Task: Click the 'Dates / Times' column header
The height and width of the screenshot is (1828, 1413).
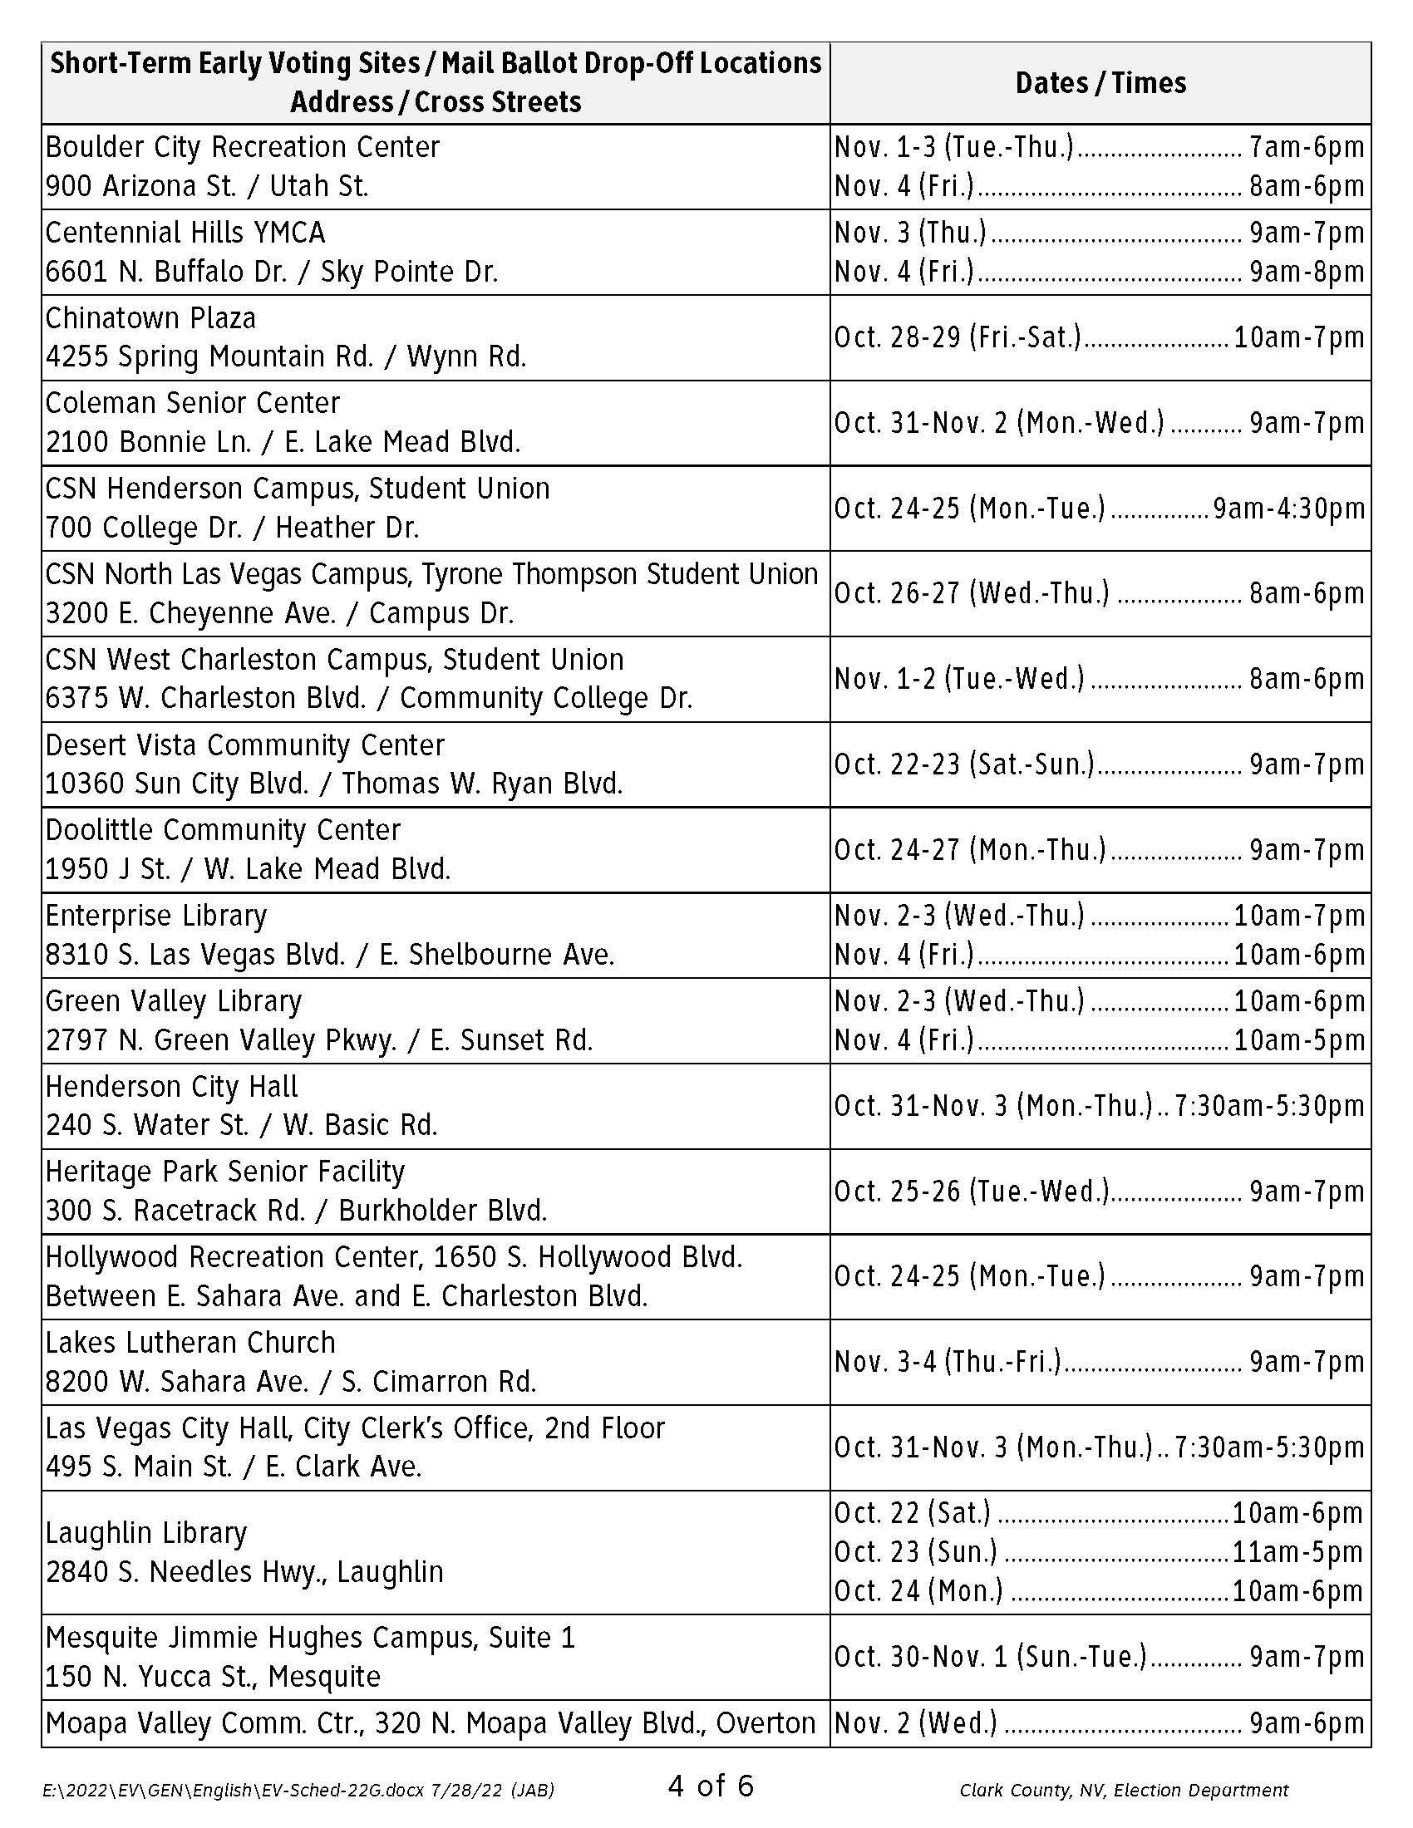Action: (1100, 83)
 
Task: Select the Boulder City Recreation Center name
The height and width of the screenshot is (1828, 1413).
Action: (242, 147)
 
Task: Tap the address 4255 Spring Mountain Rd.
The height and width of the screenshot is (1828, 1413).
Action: (209, 356)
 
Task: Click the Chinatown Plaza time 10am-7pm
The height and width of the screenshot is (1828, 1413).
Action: (1298, 337)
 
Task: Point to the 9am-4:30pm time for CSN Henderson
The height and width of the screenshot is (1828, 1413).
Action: (1288, 508)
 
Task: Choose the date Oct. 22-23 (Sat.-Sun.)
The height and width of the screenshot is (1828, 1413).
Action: (964, 764)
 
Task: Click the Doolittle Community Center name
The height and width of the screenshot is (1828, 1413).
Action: (223, 830)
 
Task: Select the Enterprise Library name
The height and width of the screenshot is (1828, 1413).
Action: (155, 916)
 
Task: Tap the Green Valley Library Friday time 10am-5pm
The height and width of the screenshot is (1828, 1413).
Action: (1298, 1039)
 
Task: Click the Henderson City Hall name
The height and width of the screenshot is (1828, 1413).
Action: (171, 1087)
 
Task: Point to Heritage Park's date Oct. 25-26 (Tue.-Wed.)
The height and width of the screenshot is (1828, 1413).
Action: (972, 1191)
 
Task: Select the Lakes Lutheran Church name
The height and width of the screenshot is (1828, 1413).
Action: (190, 1343)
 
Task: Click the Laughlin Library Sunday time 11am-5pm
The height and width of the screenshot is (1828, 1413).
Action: (1298, 1552)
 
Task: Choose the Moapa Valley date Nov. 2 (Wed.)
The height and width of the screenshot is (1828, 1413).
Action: (916, 1723)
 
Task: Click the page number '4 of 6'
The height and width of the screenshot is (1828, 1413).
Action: (711, 1786)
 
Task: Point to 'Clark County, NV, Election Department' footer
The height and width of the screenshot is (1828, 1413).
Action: (1124, 1791)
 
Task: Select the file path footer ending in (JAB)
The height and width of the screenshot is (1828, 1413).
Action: (298, 1791)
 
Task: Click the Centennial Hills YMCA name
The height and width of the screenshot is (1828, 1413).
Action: (185, 233)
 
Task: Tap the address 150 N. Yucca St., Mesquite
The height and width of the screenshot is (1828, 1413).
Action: (213, 1677)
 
